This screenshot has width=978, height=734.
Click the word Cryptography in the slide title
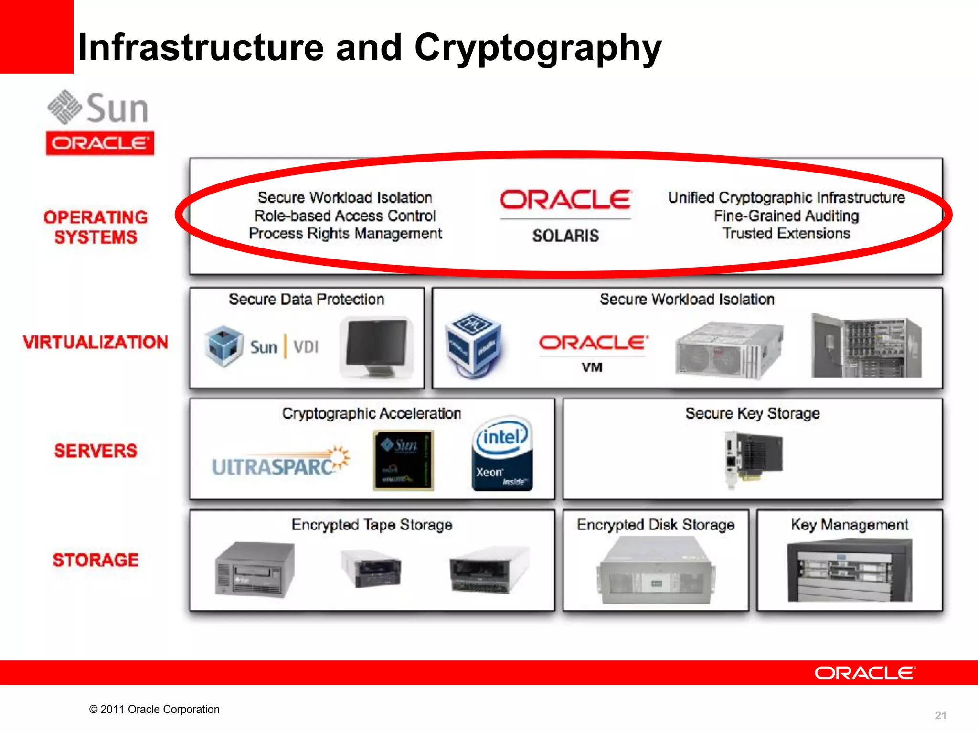point(538,48)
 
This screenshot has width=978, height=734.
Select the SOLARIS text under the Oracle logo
point(565,236)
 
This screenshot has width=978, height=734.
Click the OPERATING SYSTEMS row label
point(96,227)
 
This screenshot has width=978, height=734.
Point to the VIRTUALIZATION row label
point(96,342)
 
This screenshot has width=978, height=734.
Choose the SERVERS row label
point(96,451)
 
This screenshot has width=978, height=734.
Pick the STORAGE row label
point(96,560)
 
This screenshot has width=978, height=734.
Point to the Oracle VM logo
point(593,351)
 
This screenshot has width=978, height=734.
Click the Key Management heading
point(849,525)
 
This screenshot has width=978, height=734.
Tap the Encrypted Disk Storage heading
point(655,525)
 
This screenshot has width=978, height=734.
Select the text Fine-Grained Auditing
point(786,216)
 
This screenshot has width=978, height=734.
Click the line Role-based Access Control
point(345,216)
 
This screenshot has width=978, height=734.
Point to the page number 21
point(940,715)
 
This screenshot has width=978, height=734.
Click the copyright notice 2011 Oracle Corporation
point(154,709)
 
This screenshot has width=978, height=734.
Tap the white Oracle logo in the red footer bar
point(865,673)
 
